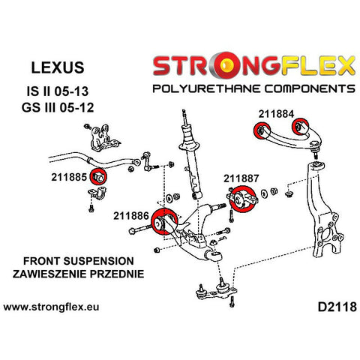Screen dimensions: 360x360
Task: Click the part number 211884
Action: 276,114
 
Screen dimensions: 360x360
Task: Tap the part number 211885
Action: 69,177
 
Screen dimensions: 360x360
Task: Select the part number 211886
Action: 131,216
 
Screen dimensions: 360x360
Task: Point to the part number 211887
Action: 241,178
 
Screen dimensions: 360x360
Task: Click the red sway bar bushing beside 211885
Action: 98,176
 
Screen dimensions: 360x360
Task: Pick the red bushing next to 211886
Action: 164,221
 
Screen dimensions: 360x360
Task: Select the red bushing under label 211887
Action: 243,199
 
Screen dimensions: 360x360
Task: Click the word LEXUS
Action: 58,67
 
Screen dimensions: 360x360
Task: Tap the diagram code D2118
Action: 337,307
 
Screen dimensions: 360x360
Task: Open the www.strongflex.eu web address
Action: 51,307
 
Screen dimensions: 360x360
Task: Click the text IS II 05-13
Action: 58,91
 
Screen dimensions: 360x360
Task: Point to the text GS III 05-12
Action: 58,107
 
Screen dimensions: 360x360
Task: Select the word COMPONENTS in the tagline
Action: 310,88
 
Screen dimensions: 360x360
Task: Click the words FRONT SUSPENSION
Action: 79,261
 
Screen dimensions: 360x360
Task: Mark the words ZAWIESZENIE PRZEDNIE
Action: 79,274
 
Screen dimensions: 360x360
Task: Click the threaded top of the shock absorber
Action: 184,117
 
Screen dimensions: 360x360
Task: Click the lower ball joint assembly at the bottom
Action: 217,291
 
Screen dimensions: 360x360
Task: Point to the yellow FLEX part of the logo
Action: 318,65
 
